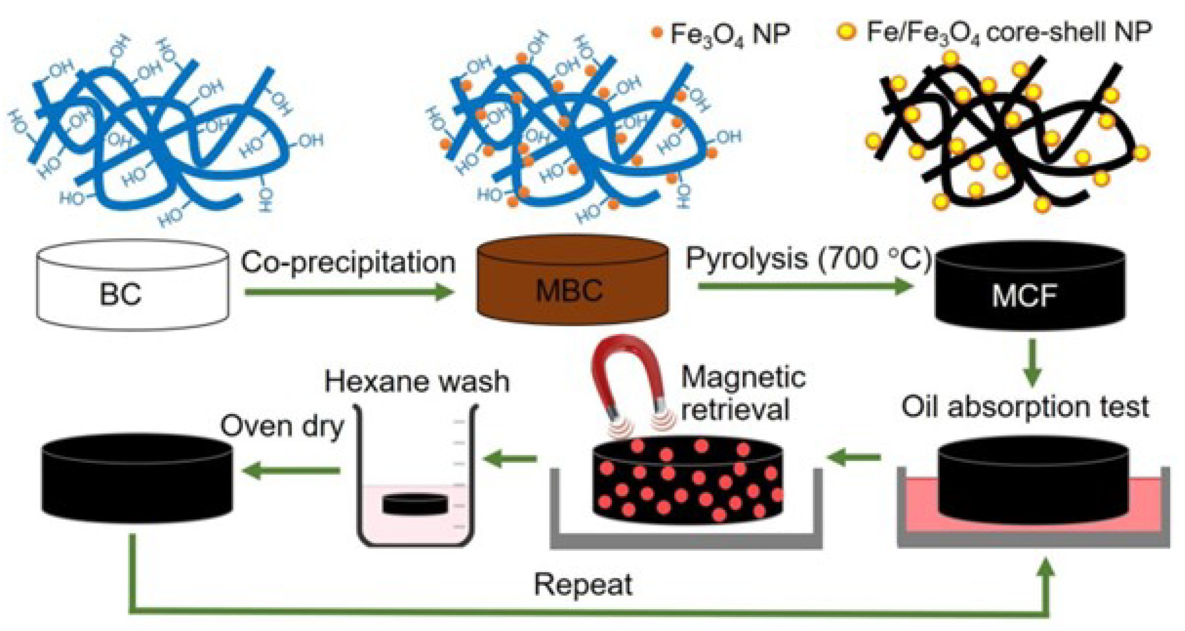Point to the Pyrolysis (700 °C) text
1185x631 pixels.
[808, 259]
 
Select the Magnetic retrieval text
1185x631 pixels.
[743, 393]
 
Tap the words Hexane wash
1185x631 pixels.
[417, 381]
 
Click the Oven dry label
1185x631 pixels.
[282, 426]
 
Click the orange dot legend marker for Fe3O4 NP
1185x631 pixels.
[656, 32]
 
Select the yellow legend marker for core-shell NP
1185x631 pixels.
[846, 32]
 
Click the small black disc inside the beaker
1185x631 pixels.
[415, 504]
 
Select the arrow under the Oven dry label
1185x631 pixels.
[291, 470]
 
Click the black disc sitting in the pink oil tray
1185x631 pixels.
[1033, 481]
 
